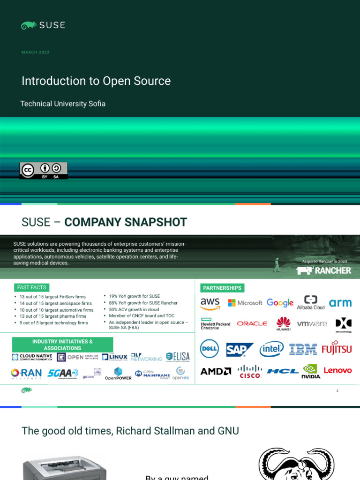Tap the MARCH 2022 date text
(35, 52)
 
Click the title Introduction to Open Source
(96, 81)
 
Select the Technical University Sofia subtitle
(63, 104)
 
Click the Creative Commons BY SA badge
(43, 170)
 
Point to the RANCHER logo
(324, 270)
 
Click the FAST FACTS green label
(31, 287)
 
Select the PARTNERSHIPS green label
(222, 288)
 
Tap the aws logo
(210, 303)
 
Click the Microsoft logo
(245, 303)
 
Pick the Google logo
(280, 303)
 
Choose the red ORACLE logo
(252, 323)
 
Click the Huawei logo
(283, 323)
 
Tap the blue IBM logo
(303, 349)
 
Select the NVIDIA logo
(311, 371)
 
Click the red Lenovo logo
(337, 370)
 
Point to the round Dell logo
(210, 349)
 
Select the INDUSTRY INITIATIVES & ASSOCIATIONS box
(62, 345)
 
